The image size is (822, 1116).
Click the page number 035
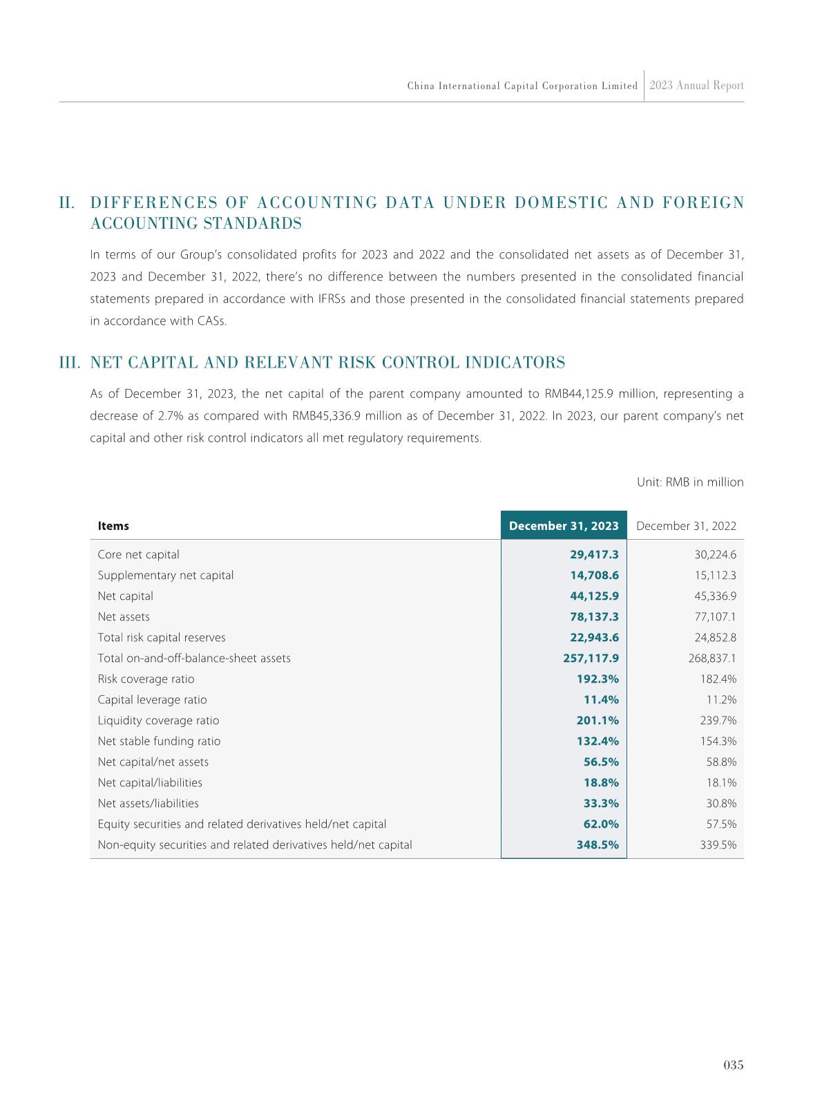tap(733, 1065)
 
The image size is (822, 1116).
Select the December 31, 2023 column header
tap(564, 526)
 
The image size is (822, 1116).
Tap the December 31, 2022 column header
tap(686, 526)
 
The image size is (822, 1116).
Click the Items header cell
tap(113, 526)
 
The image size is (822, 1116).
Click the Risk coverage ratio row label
tap(146, 679)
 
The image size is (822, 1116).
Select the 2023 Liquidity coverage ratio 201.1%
tap(598, 720)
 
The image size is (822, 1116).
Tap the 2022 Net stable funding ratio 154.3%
tap(718, 741)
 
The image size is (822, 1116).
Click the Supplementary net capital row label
tap(166, 575)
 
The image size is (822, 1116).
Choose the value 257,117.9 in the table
tap(591, 658)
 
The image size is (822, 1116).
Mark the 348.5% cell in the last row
tap(598, 844)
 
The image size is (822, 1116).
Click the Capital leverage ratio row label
tap(152, 699)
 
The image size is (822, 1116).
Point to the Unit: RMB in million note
tap(690, 482)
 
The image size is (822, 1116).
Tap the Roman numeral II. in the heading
tap(67, 203)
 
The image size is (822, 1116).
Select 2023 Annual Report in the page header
tap(696, 86)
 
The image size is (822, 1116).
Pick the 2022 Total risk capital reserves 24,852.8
tap(715, 637)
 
